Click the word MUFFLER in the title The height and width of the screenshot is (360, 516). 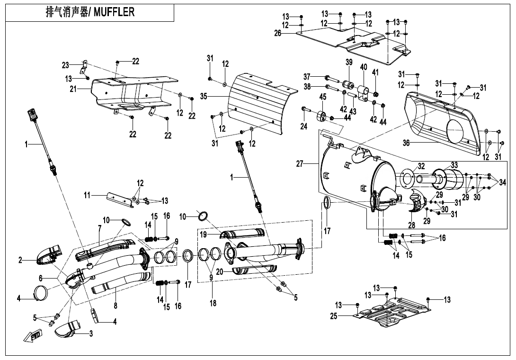(114, 12)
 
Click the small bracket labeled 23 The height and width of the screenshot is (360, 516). (84, 67)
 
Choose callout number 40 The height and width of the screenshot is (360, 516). (364, 67)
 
